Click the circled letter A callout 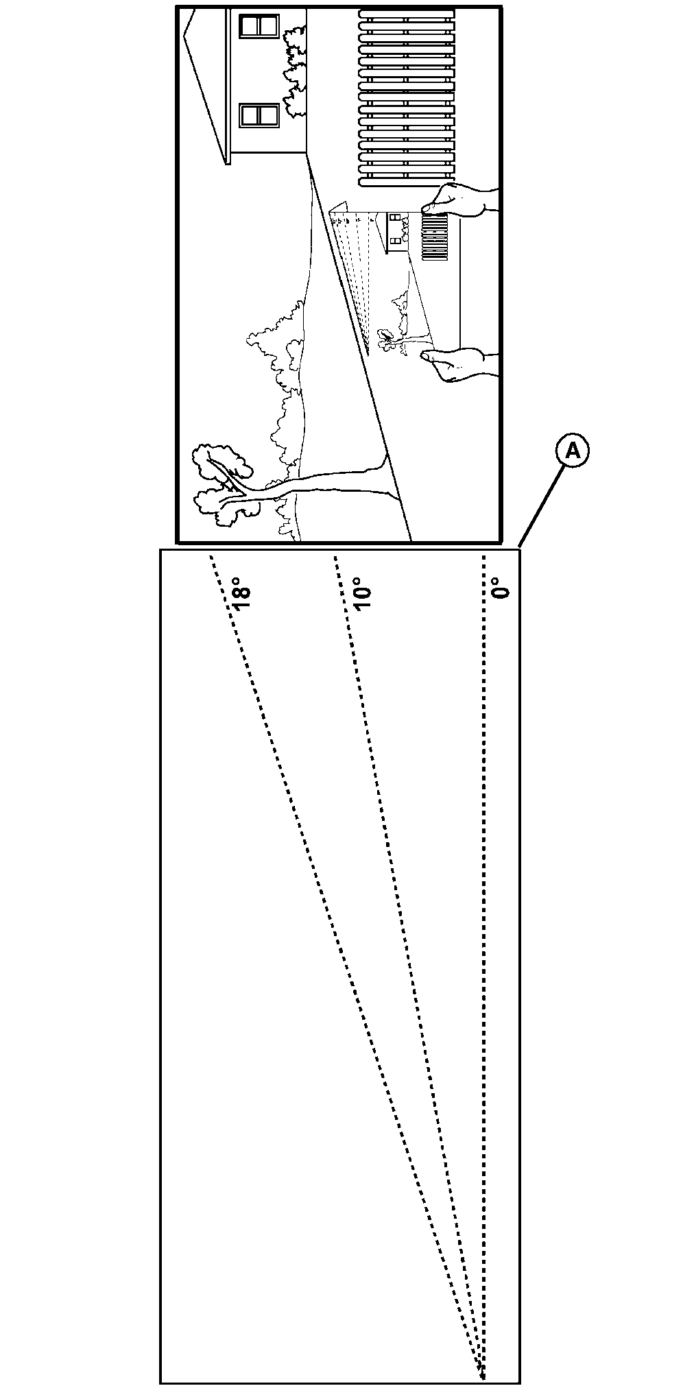coord(573,451)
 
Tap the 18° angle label coord(241,597)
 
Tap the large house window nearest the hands coord(259,115)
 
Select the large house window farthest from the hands coord(259,26)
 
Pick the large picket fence coord(406,97)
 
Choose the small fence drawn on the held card coord(435,237)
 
